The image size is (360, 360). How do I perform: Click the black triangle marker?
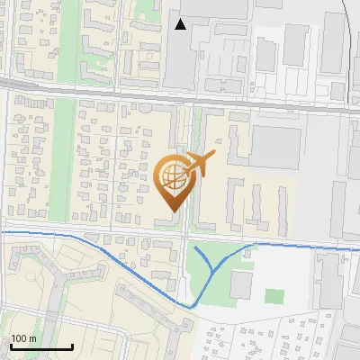pos(181,24)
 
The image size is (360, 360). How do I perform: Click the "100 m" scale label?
pos(24,337)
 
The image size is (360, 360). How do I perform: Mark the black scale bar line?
pos(40,346)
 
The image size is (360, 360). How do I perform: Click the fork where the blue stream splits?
pos(213,269)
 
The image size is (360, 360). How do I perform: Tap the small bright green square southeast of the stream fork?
pos(274,296)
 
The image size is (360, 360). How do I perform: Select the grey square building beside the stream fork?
pos(241,284)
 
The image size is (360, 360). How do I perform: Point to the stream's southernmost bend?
pos(192,307)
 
